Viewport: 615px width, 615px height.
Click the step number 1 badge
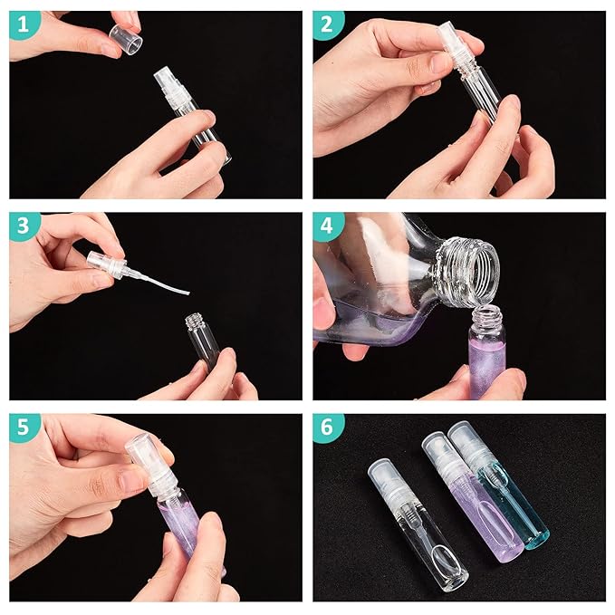(25, 26)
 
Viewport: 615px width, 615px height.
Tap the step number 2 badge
(329, 26)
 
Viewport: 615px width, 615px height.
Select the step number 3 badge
(25, 228)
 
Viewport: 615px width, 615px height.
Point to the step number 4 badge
(329, 228)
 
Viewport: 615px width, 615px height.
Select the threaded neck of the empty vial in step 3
(196, 322)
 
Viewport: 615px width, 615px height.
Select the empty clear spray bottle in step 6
(417, 525)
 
